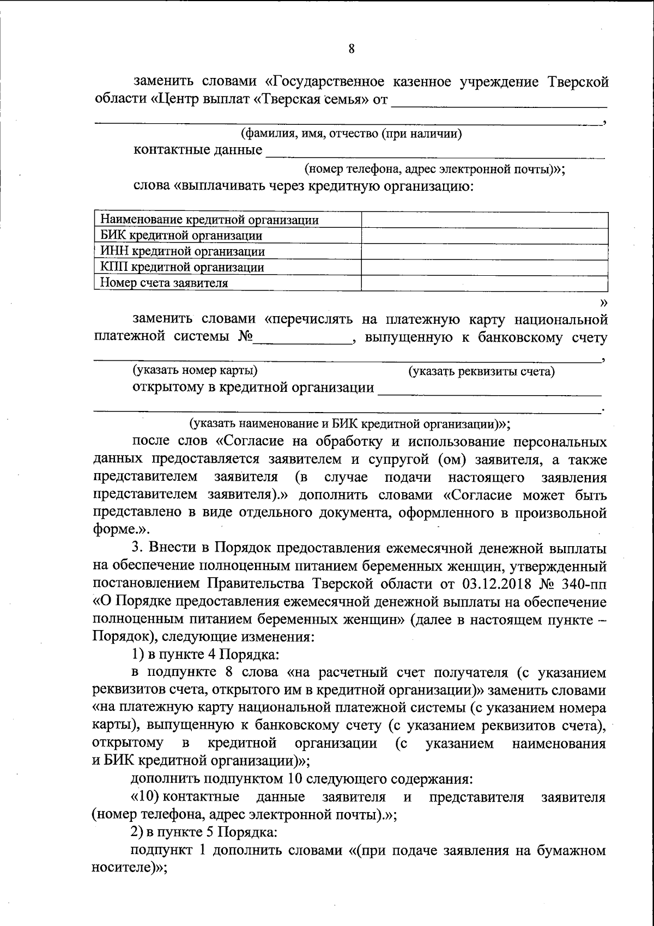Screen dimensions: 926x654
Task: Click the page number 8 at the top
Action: click(x=352, y=49)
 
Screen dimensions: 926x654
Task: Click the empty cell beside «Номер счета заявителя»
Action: click(x=485, y=283)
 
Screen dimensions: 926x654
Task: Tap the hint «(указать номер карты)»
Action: click(x=196, y=371)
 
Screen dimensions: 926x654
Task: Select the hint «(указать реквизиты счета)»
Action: click(x=482, y=372)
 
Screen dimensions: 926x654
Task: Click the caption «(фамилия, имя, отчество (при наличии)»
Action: click(x=352, y=134)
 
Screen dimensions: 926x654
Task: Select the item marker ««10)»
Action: click(x=146, y=797)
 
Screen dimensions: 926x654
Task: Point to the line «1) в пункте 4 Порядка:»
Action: click(x=206, y=655)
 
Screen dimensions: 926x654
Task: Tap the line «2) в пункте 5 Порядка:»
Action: click(x=206, y=833)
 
